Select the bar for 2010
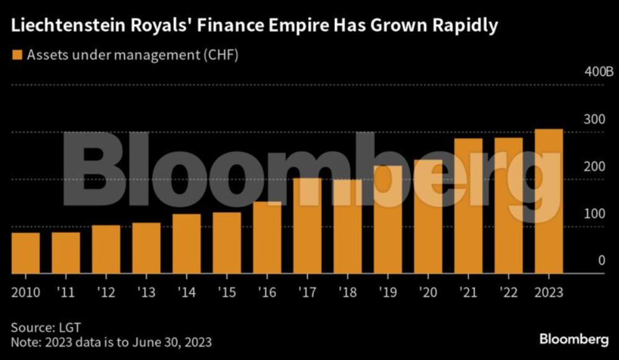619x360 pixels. tap(25, 253)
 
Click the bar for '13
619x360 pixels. tap(146, 248)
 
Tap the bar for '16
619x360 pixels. tap(267, 237)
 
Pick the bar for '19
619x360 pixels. tap(388, 219)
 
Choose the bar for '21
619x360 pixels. tap(468, 205)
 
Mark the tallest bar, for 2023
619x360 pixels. tap(549, 201)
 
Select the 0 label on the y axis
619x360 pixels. tap(601, 261)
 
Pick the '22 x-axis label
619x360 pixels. tap(508, 291)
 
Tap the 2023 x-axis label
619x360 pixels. tap(549, 291)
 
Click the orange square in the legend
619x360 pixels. tap(17, 55)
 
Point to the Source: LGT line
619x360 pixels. tap(46, 327)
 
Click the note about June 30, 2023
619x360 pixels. tap(112, 342)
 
